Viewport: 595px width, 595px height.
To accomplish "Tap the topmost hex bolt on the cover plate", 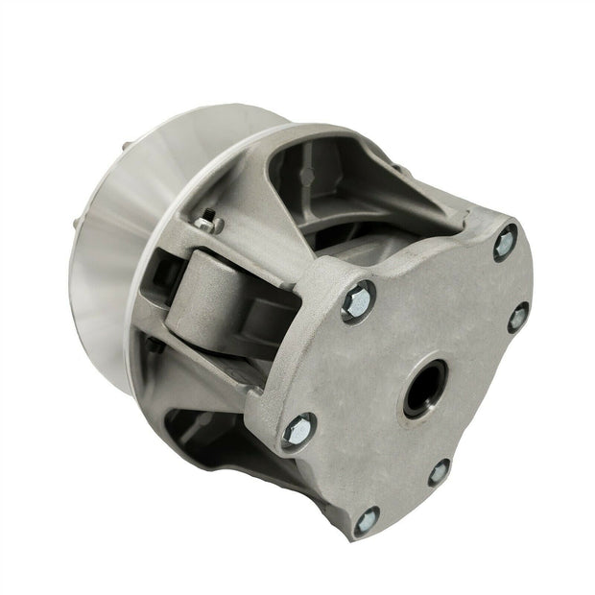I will [506, 241].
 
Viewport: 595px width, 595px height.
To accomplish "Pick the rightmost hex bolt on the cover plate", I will [519, 317].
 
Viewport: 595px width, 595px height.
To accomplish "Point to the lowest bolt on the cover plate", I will [366, 523].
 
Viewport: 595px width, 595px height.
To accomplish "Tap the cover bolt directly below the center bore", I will [439, 470].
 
